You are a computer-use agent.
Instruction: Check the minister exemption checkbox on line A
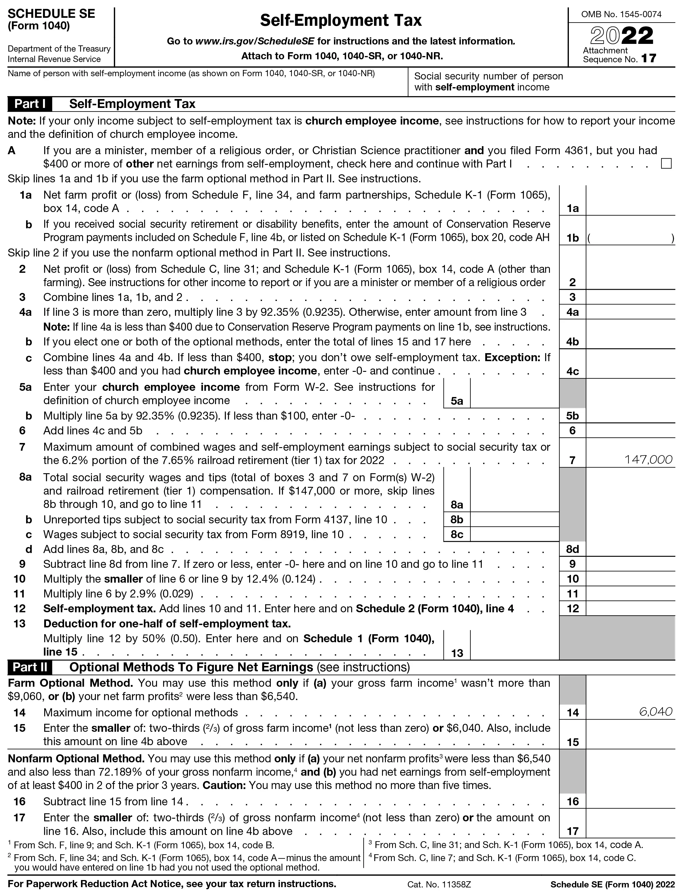(x=666, y=164)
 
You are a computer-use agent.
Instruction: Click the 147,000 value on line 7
(x=648, y=460)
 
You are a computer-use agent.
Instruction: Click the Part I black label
(x=30, y=104)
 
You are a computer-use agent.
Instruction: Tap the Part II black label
(x=30, y=667)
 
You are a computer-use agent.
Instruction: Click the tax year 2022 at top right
(x=622, y=36)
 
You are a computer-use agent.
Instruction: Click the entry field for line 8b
(x=514, y=519)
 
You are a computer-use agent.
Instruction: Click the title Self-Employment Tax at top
(x=341, y=20)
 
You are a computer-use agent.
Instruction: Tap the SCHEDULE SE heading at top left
(x=51, y=14)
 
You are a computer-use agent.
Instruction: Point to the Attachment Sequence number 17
(x=648, y=59)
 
